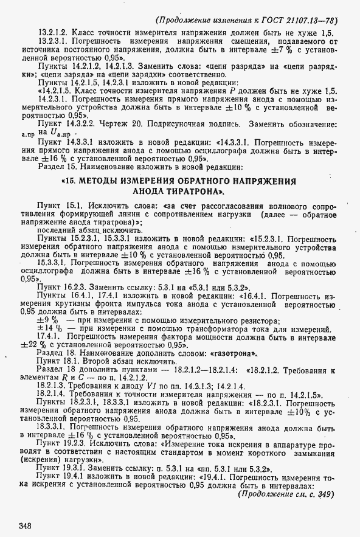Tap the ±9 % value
pyautogui.click(x=47, y=320)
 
